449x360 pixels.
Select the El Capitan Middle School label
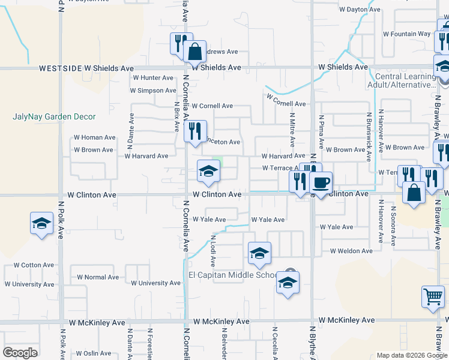pos(233,275)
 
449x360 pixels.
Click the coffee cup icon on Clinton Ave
pos(321,182)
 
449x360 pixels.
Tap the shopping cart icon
pos(433,296)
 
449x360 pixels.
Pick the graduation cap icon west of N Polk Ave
pos(41,224)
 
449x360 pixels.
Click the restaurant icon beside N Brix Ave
pos(195,131)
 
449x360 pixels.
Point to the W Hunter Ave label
pos(153,78)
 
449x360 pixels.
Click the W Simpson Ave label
pos(154,91)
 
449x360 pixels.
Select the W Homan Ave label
pos(94,137)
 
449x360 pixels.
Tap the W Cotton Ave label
pos(34,265)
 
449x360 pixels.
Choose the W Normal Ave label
pos(98,277)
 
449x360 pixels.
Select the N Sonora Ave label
pos(394,229)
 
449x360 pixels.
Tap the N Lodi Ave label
pos(213,251)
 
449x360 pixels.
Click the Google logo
pos(20,352)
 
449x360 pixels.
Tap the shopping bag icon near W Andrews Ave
pos(195,52)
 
